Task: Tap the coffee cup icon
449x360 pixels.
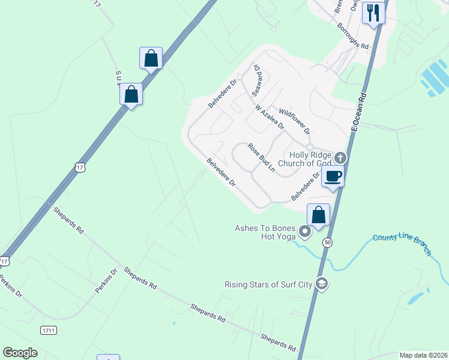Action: (333, 176)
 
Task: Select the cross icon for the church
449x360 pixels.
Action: (340, 158)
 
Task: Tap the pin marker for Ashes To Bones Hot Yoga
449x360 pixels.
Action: (305, 232)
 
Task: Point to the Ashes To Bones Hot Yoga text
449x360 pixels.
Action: (267, 232)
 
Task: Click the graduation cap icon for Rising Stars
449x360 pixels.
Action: (322, 284)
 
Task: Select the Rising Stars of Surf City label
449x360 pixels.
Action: (268, 284)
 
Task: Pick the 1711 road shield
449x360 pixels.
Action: (49, 331)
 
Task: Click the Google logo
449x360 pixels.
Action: (20, 353)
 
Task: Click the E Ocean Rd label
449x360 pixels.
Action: (358, 112)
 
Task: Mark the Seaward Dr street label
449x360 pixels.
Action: (258, 80)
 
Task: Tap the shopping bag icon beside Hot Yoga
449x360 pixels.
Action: (318, 215)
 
